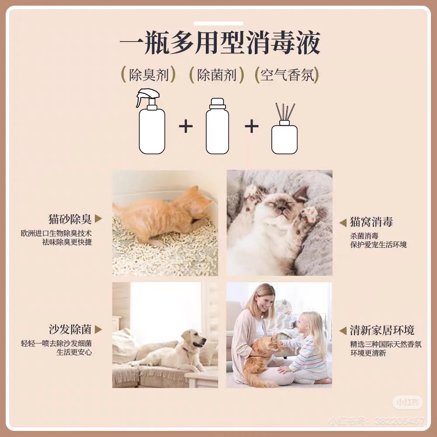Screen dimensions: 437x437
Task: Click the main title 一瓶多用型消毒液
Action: pos(220,43)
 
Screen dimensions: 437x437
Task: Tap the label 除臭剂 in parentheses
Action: pos(149,75)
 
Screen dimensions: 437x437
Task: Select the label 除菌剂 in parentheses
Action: pos(217,75)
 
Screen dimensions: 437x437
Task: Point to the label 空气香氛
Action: pos(287,75)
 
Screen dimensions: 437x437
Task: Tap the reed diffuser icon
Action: pos(284,131)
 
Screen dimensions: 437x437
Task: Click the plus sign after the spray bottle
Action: pos(186,127)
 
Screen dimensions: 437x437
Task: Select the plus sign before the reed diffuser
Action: pos(251,127)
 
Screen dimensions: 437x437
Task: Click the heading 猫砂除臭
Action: pos(70,219)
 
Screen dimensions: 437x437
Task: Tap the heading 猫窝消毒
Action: pos(371,222)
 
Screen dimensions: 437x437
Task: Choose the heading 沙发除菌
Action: pos(70,329)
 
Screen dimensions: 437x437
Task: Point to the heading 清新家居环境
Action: pos(382,330)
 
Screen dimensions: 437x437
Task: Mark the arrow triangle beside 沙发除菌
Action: pos(98,329)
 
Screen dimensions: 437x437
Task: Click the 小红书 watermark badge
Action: pos(407,402)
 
